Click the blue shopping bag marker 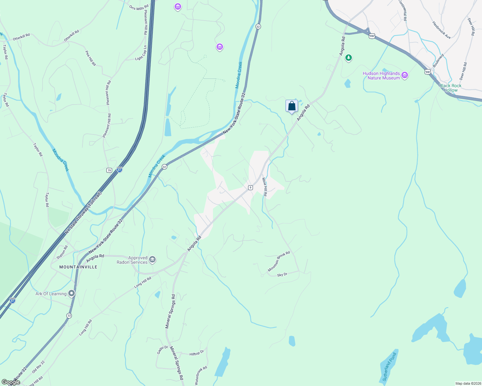[x=292, y=106]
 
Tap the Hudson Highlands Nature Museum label [x=381, y=76]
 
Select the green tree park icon [x=348, y=58]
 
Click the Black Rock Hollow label [x=450, y=88]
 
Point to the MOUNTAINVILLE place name [x=78, y=267]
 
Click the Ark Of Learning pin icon [x=72, y=293]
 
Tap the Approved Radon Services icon [x=152, y=259]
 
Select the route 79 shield [x=109, y=170]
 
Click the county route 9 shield [x=250, y=187]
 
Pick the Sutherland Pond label [x=389, y=367]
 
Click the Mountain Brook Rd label [x=279, y=261]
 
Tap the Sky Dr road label [x=282, y=275]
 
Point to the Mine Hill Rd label [x=265, y=187]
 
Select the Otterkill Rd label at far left [x=21, y=37]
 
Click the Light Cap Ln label [x=141, y=53]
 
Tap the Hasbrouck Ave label [x=441, y=30]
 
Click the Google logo [x=11, y=382]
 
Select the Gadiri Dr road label [x=163, y=350]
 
